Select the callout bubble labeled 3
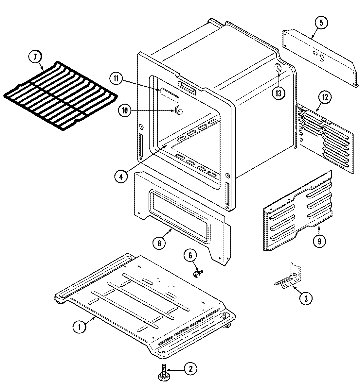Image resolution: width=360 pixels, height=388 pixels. [x=306, y=298]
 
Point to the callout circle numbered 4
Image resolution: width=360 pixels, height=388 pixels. [x=121, y=176]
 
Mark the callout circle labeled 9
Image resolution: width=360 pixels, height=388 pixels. [x=319, y=241]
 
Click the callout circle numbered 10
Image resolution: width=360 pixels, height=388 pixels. [x=125, y=111]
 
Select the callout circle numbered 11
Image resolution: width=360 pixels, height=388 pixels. [x=116, y=79]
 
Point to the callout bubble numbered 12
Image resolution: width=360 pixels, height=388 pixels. [x=325, y=97]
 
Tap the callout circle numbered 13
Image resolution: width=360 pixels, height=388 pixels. [x=278, y=93]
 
